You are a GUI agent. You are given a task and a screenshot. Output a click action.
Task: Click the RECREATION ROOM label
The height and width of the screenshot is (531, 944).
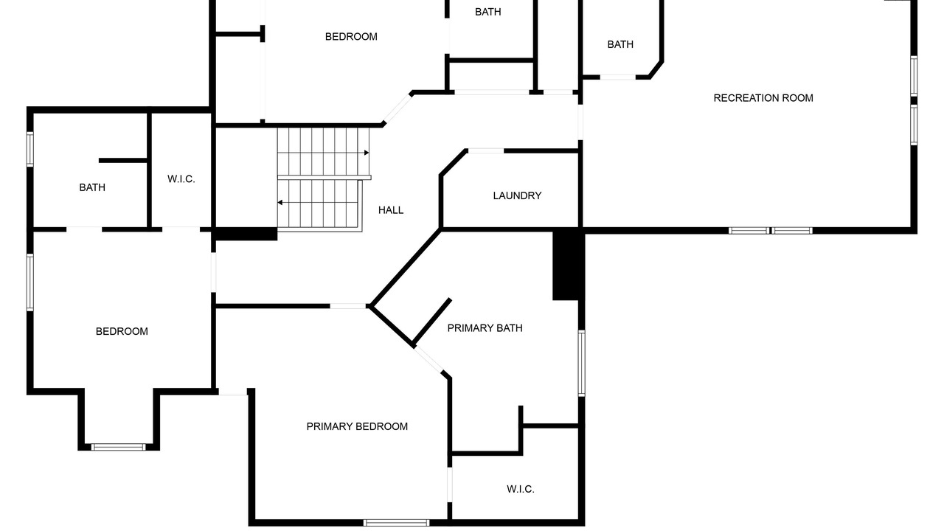[763, 98]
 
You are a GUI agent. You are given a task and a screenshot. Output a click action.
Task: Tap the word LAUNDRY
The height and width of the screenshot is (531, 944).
[517, 195]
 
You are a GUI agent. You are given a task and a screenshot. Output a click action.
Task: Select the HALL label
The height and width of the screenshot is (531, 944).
[391, 210]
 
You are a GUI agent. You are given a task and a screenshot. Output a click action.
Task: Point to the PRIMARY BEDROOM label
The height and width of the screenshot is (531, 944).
[357, 426]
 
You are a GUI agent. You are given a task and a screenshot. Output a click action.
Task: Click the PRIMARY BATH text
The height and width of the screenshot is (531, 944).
[485, 328]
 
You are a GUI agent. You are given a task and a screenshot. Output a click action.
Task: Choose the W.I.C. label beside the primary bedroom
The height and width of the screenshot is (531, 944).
[521, 489]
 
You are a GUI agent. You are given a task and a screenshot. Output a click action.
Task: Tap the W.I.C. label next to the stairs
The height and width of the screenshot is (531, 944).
[181, 178]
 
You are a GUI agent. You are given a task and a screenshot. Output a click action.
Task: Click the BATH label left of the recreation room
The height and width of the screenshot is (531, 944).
[620, 44]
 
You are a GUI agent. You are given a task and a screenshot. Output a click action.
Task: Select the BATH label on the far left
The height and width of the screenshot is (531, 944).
[92, 187]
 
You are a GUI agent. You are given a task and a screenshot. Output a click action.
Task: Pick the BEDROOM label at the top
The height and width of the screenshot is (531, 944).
[351, 37]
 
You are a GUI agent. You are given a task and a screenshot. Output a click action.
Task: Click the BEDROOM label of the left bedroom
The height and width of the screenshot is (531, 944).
[122, 331]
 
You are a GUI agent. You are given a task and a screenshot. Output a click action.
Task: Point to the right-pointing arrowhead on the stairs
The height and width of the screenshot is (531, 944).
[367, 153]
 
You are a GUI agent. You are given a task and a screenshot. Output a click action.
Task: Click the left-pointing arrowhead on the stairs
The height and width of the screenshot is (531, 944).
[280, 203]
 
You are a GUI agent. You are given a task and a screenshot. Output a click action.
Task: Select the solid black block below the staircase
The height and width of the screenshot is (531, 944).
[246, 234]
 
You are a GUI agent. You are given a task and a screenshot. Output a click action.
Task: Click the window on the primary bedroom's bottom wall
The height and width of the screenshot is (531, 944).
[396, 523]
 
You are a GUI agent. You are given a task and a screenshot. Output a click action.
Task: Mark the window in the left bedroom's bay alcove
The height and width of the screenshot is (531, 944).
[119, 447]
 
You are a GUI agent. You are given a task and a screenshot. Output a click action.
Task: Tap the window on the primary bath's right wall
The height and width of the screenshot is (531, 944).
[582, 364]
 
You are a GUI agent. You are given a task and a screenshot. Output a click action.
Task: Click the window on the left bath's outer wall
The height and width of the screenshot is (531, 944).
[30, 149]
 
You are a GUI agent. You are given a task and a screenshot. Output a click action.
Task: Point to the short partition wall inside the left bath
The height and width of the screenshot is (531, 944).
[122, 161]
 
